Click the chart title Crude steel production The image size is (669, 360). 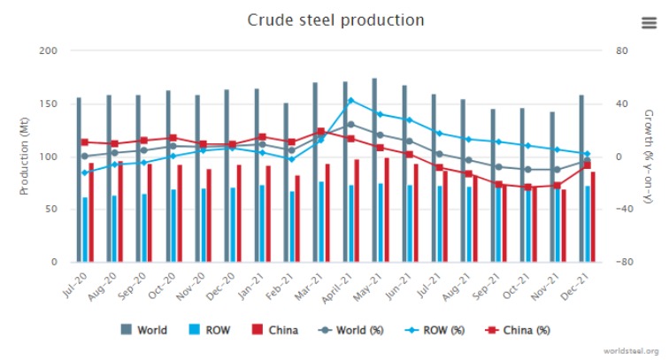click(x=335, y=19)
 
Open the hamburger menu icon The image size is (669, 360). click(x=648, y=23)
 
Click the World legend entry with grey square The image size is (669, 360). click(x=146, y=330)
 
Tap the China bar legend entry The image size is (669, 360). click(x=274, y=330)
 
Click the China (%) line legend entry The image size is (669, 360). click(x=519, y=330)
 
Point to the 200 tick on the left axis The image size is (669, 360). click(x=50, y=51)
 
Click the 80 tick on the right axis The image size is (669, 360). click(x=621, y=51)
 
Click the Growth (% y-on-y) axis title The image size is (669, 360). click(x=648, y=157)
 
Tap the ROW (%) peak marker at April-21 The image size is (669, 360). click(x=350, y=101)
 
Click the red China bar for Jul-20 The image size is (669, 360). click(x=91, y=212)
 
